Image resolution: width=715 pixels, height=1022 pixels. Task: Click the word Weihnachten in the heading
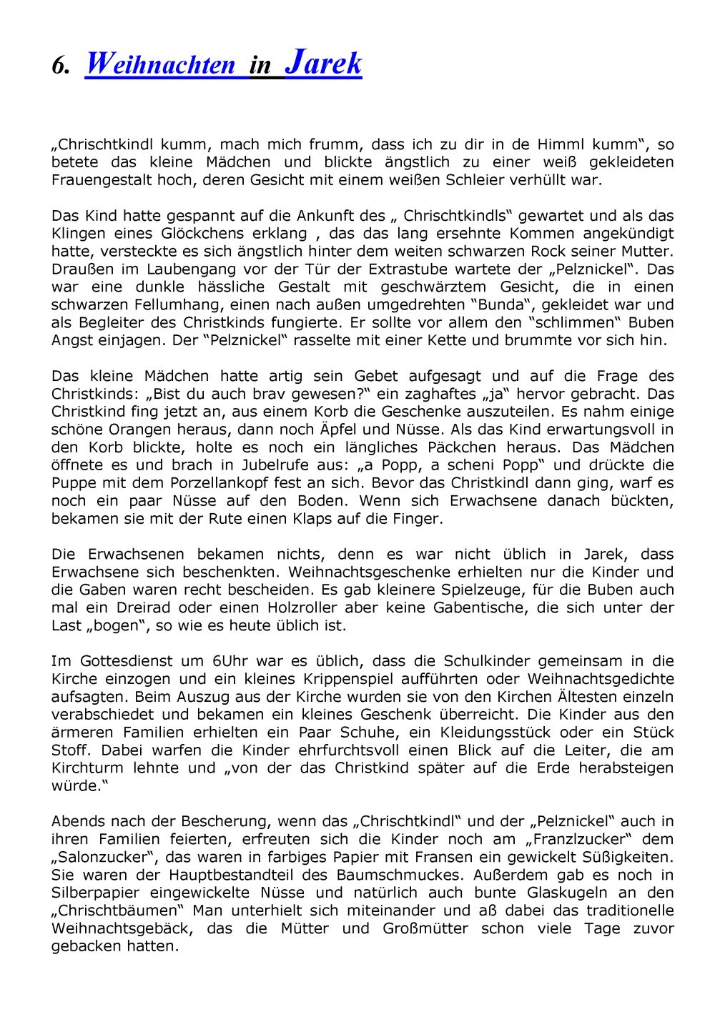(160, 65)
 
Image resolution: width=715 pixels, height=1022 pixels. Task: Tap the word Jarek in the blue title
(323, 63)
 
